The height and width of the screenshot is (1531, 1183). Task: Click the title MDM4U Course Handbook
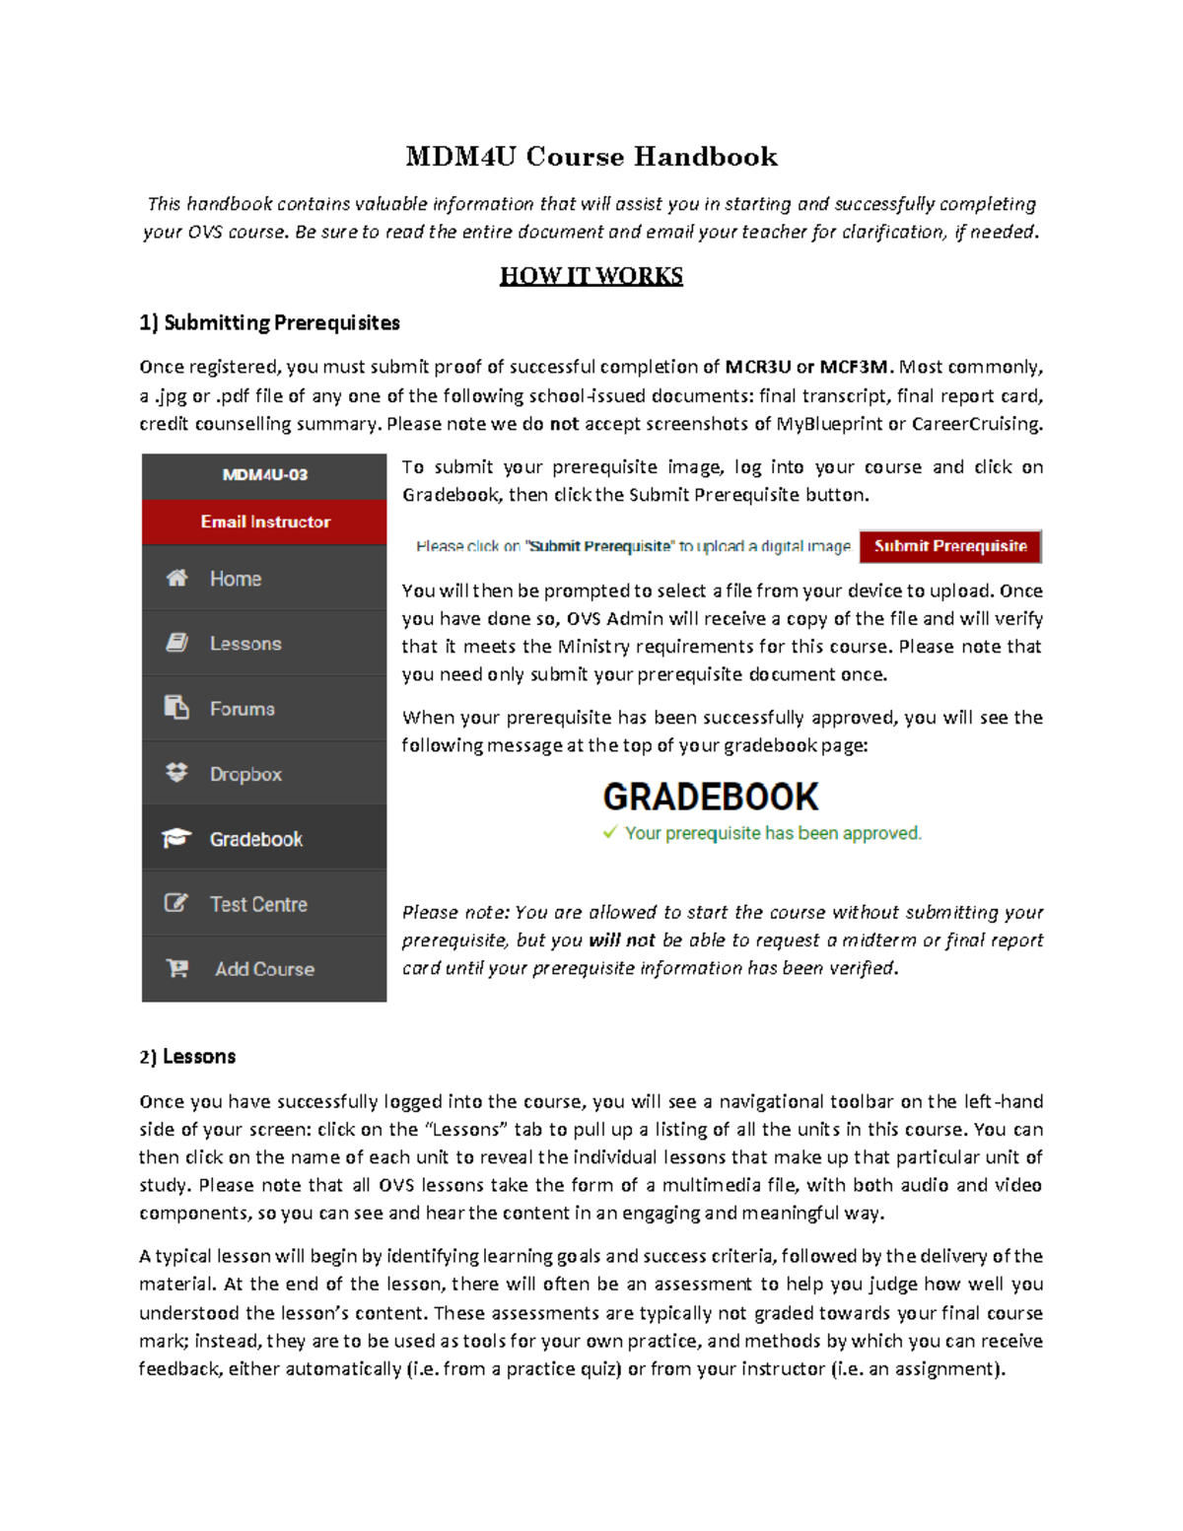click(591, 157)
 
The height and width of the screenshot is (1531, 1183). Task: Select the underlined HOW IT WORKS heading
click(591, 276)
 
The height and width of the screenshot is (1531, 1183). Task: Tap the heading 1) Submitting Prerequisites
click(269, 322)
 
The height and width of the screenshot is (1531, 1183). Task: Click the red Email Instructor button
click(265, 522)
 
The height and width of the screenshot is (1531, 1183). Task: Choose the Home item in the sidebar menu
click(236, 579)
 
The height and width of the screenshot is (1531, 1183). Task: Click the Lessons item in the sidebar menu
click(245, 644)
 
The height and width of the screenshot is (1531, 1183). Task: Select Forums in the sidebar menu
click(242, 709)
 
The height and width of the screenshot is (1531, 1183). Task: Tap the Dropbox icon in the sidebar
click(176, 773)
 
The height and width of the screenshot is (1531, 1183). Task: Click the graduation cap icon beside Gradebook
click(176, 838)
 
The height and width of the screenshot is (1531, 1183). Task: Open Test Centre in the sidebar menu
click(258, 904)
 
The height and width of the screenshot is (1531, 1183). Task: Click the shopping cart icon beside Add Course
click(177, 968)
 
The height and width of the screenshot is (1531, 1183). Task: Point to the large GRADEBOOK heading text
click(710, 797)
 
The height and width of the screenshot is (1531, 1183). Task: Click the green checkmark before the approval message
click(610, 832)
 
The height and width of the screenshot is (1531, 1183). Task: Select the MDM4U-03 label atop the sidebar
click(264, 474)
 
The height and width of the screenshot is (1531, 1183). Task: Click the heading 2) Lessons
click(187, 1057)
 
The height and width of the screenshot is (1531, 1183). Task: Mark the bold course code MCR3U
click(757, 367)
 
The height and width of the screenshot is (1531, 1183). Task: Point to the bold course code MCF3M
click(854, 367)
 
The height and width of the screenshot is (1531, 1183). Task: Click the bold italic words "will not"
click(621, 940)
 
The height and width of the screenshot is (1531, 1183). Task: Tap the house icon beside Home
click(176, 578)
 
